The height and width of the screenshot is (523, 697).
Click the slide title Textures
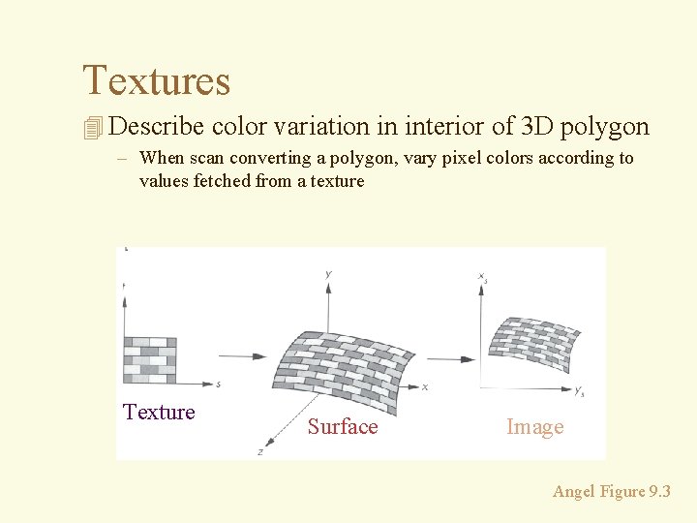click(157, 80)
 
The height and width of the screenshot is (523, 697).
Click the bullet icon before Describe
click(93, 128)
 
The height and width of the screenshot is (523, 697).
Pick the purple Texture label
click(159, 413)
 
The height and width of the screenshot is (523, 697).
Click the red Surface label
click(343, 427)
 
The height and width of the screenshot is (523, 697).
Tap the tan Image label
click(534, 427)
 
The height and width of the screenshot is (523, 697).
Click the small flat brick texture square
click(150, 360)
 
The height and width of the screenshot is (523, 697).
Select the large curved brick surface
click(348, 362)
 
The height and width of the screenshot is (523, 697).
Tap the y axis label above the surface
click(329, 274)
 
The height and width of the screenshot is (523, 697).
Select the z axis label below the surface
click(260, 451)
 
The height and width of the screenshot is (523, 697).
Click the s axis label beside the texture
click(219, 385)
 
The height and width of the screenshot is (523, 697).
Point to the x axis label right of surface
click(424, 386)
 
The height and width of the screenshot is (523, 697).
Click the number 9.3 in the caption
click(660, 492)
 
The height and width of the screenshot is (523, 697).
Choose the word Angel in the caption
click(574, 492)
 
